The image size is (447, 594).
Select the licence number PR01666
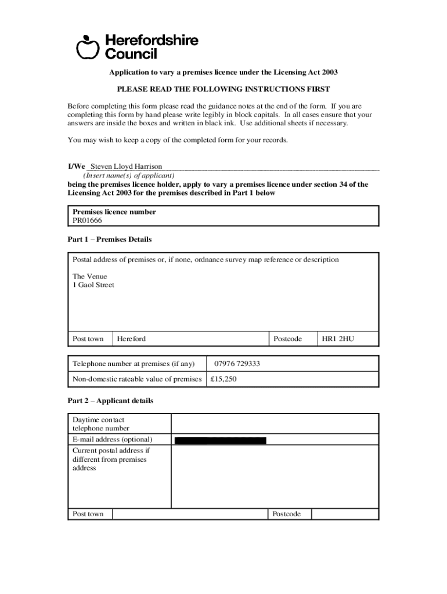(88, 220)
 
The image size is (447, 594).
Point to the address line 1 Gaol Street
(93, 285)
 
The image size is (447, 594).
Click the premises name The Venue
(89, 276)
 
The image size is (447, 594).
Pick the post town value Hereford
(131, 339)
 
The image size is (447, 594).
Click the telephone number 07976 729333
(237, 364)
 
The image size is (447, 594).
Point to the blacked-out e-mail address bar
(221, 440)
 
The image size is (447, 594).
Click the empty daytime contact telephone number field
(275, 423)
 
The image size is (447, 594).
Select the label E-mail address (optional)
(112, 440)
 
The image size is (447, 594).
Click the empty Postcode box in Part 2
(344, 514)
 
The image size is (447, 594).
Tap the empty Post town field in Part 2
(190, 514)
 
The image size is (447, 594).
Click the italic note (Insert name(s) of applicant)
(129, 175)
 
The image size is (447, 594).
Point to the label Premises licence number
(114, 212)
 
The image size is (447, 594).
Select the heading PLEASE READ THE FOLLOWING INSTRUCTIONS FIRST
(223, 89)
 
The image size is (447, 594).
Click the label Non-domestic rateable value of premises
(136, 379)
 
